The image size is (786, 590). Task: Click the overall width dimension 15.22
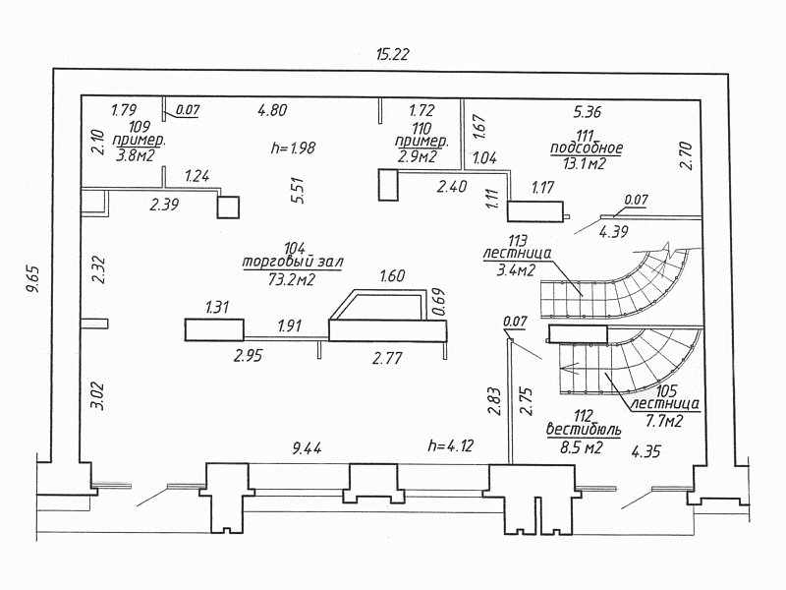pos(392,54)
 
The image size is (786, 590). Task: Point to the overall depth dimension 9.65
pos(32,279)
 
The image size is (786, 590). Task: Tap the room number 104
pos(295,248)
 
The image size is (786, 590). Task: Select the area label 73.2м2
pos(292,279)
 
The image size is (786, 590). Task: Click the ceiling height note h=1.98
pos(293,147)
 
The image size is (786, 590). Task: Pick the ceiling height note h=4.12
pos(451,445)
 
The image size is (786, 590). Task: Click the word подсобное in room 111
pos(587,148)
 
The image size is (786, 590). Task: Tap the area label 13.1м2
pos(585,163)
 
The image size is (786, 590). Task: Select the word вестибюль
pos(584,430)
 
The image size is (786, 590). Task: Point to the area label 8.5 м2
pos(582,447)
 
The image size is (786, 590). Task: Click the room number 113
pos(518,240)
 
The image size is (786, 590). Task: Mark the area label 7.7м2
pos(664,421)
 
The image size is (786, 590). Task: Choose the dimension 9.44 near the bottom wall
pos(307,448)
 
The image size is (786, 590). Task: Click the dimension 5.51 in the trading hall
pos(298,190)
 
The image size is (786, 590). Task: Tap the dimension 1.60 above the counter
pos(392,275)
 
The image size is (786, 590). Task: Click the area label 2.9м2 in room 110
pos(417,156)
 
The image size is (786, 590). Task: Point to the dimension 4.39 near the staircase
pos(613,231)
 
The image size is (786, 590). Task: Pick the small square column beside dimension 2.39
pos(228,207)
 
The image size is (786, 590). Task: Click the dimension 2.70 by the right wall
pos(685,155)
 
